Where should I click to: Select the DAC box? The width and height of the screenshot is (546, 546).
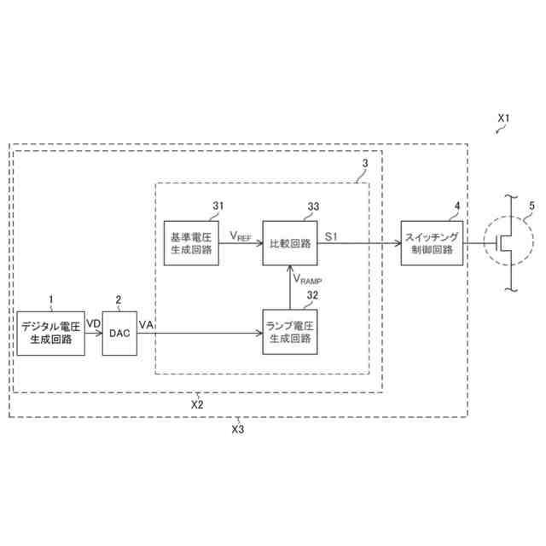tap(118, 334)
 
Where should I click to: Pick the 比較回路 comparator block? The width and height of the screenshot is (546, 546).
tap(290, 242)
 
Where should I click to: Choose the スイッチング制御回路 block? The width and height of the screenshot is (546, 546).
tap(433, 242)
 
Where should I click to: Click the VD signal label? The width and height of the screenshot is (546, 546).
tap(93, 324)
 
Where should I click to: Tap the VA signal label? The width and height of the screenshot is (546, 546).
tap(146, 324)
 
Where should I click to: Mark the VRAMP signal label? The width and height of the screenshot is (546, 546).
tap(308, 278)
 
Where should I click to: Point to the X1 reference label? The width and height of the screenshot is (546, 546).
tap(502, 117)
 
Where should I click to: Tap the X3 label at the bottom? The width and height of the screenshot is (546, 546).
tap(238, 429)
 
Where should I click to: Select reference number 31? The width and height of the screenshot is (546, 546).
tap(218, 205)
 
